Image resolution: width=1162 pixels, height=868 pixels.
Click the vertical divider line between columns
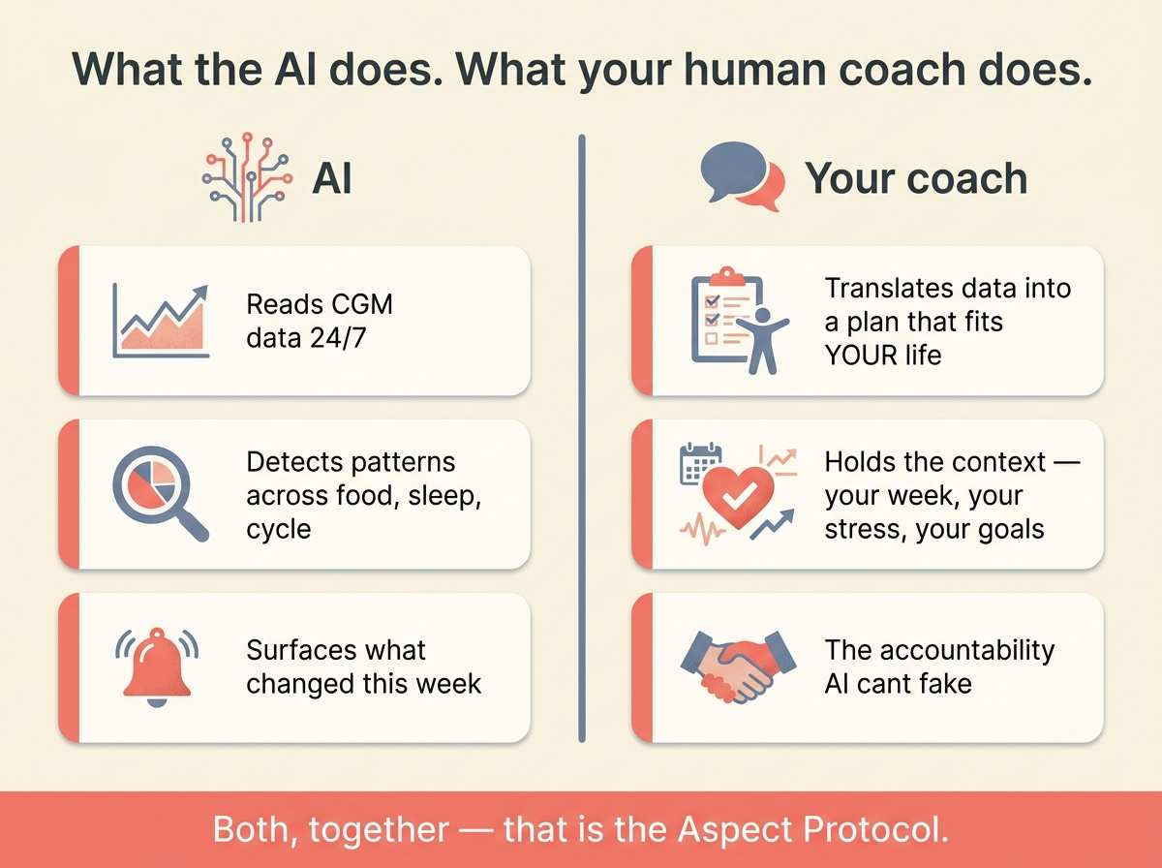pyautogui.click(x=582, y=436)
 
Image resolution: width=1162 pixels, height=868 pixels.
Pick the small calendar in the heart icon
pyautogui.click(x=697, y=462)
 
